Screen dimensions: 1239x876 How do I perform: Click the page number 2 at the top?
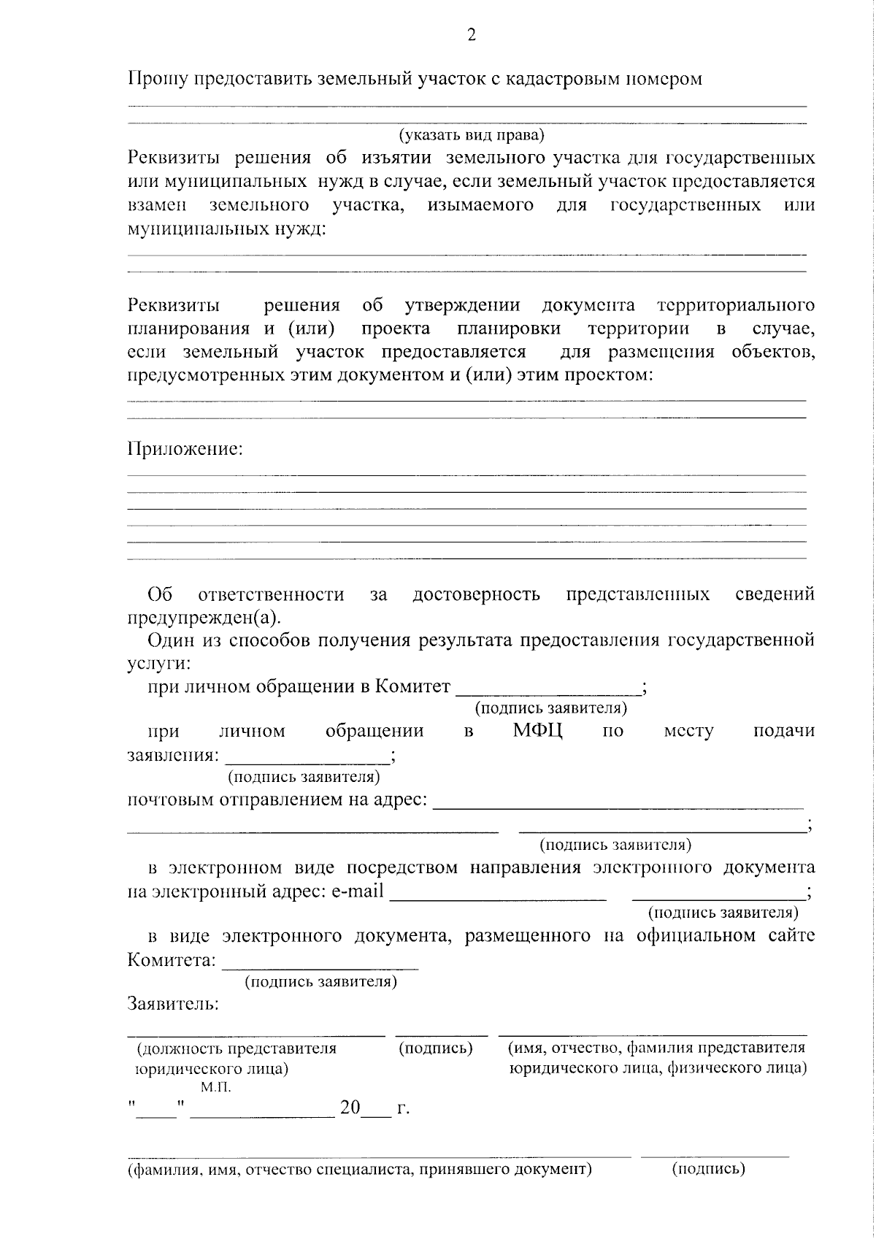[472, 35]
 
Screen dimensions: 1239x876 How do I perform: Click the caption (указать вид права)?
[471, 135]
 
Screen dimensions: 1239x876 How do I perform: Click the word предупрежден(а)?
[203, 618]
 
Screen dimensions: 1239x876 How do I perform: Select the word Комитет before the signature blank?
[412, 686]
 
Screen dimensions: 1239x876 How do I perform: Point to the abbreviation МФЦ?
[537, 731]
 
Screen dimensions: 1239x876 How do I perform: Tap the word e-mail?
[357, 891]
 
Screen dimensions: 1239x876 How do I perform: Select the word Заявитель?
[173, 1004]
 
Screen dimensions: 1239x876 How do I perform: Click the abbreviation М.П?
[215, 1088]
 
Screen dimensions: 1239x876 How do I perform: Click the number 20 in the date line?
[350, 1108]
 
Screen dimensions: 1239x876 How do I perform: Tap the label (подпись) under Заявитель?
[436, 1048]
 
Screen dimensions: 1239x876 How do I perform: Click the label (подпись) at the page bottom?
[708, 1169]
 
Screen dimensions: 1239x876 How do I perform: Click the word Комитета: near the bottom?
[172, 959]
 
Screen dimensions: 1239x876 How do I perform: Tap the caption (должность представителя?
[237, 1048]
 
